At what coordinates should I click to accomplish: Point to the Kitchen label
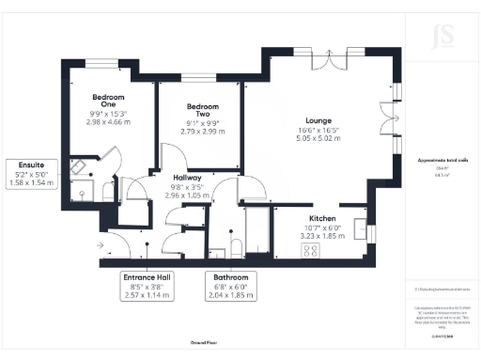[x=322, y=218]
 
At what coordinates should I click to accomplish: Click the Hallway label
[x=183, y=178]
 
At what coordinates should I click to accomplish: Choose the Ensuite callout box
[x=33, y=174]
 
